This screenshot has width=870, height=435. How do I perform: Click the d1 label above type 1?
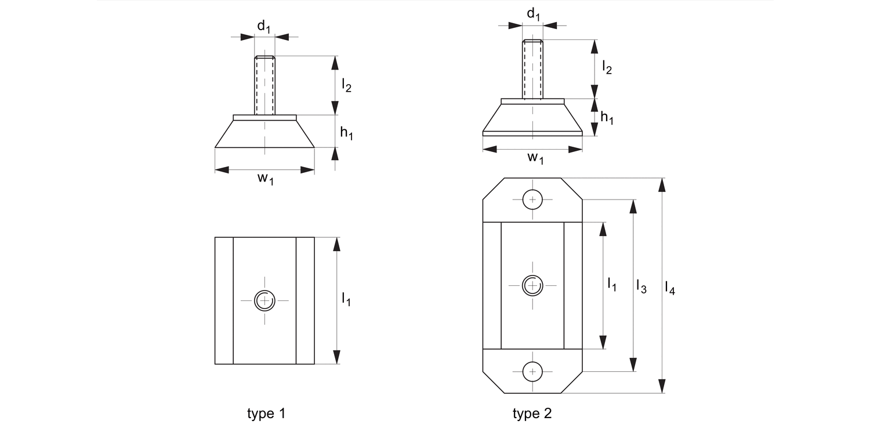[x=264, y=26]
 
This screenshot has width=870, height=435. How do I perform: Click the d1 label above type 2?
[x=533, y=14]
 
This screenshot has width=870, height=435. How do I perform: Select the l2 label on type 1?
[x=347, y=86]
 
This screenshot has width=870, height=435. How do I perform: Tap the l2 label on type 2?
[x=607, y=67]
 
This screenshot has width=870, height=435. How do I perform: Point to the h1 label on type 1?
[x=347, y=133]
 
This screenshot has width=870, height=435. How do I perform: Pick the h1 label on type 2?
[x=607, y=118]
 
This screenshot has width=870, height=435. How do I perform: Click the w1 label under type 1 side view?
[x=265, y=179]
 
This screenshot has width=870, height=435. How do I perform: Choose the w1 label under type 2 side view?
[x=535, y=158]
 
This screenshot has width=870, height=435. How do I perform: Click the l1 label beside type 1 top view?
[x=346, y=299]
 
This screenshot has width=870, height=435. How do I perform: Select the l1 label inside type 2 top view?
[x=612, y=284]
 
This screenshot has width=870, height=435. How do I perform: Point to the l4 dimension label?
[x=670, y=287]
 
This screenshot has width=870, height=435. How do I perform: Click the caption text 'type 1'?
[x=266, y=414]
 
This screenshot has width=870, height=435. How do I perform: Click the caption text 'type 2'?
[x=532, y=414]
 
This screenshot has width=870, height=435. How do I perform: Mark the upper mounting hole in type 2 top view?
[x=532, y=200]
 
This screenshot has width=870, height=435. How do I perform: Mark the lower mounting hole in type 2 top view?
[x=532, y=371]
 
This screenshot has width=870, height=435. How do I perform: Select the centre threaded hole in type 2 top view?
[x=532, y=285]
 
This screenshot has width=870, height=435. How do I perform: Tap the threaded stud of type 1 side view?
[x=265, y=85]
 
